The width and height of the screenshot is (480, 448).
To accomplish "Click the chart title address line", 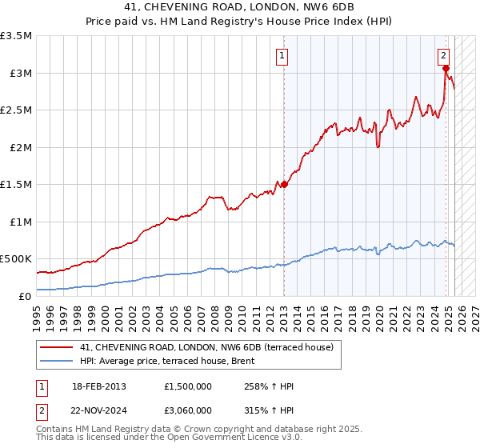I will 240,7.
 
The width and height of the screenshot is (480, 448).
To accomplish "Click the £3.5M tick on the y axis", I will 16,36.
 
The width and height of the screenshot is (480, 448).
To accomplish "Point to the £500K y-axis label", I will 16,259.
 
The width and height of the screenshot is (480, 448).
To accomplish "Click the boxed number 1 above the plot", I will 283,56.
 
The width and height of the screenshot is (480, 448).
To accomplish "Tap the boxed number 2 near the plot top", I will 443,56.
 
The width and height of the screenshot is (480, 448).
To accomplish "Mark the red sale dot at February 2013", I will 284,184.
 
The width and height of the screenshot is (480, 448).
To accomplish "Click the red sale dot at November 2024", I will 446,69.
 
